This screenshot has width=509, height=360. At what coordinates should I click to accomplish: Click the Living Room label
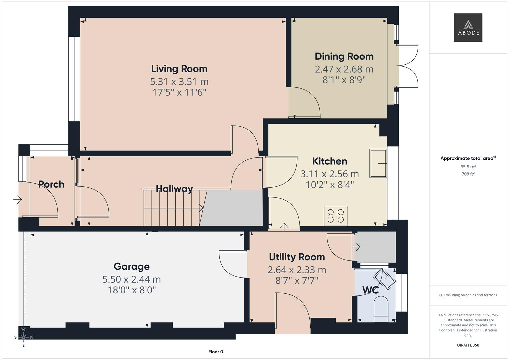point(179,69)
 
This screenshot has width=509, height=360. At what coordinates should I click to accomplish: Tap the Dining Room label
point(344,57)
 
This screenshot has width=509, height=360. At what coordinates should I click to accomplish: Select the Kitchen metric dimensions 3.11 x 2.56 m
point(329,174)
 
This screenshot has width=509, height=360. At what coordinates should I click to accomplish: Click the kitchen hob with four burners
point(336,216)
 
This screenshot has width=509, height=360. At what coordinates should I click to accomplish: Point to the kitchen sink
point(378,163)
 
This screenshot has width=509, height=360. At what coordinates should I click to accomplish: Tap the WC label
point(370,290)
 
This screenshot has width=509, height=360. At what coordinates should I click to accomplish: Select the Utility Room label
point(297,257)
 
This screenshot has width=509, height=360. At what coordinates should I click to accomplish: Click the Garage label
point(132,267)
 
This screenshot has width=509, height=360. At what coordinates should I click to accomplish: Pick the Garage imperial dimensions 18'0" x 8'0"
point(132,290)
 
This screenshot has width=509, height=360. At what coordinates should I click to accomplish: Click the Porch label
point(51,184)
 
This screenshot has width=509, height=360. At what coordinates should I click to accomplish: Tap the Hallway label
point(174,189)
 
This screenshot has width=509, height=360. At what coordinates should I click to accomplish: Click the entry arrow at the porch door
point(17,200)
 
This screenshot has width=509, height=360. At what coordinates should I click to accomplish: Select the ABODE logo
point(468,27)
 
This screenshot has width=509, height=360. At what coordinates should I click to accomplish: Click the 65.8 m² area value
point(468,167)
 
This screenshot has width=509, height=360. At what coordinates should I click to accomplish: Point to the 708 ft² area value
point(468,174)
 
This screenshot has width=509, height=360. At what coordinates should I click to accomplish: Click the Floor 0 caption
point(216,352)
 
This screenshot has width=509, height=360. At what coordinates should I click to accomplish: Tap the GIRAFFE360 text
point(468,345)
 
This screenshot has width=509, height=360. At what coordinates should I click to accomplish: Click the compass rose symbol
point(23,337)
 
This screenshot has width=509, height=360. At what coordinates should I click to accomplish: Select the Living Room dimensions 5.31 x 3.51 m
point(179,82)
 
